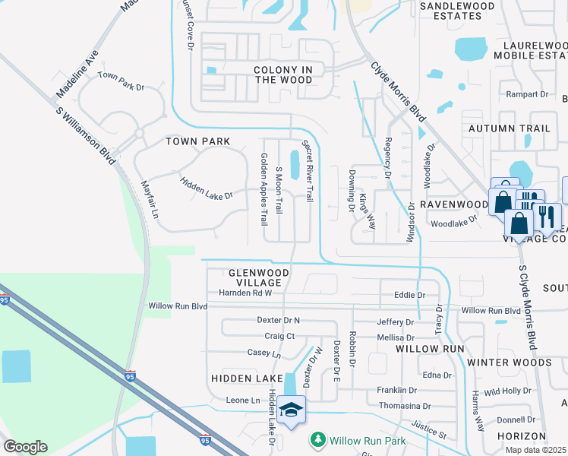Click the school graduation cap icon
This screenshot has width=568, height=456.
pyautogui.click(x=291, y=410)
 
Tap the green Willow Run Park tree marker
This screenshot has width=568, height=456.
pyautogui.click(x=318, y=439)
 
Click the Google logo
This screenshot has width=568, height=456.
pyautogui.click(x=25, y=447)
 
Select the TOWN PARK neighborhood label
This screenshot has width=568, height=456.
pyautogui.click(x=197, y=142)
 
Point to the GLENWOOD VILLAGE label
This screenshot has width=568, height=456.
pyautogui.click(x=259, y=277)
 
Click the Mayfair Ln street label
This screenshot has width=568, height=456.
pyautogui.click(x=150, y=199)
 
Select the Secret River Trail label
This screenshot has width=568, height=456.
pyautogui.click(x=308, y=170)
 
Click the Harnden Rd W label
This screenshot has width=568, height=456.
pyautogui.click(x=245, y=293)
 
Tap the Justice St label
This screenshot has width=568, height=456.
pyautogui.click(x=429, y=429)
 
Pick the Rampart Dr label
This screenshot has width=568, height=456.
pyautogui.click(x=527, y=94)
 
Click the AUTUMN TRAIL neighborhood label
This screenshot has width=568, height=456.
pyautogui.click(x=509, y=128)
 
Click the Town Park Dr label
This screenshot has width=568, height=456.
pyautogui.click(x=121, y=82)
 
